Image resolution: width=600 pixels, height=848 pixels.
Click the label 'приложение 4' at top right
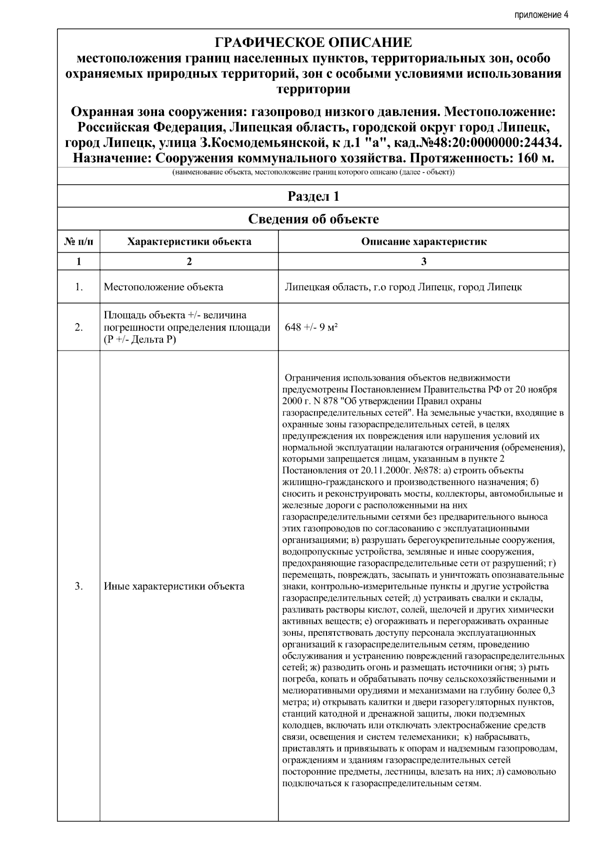coord(541,14)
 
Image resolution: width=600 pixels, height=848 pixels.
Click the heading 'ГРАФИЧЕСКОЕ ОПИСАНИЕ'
coord(313,42)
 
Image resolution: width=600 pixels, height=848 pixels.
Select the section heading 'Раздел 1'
coord(313,196)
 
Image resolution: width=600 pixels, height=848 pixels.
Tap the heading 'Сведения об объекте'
coord(313,219)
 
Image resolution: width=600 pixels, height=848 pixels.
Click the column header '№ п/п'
coord(78,242)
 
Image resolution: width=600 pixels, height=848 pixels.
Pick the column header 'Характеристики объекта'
coord(189,242)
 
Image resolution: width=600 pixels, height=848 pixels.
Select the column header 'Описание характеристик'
coord(423,242)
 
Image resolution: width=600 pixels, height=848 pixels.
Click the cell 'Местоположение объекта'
coord(163,287)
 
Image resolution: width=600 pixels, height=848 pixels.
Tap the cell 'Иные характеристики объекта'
coord(174,586)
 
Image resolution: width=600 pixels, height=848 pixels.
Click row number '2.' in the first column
coord(78,327)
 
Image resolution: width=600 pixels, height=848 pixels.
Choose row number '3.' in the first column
coord(78,586)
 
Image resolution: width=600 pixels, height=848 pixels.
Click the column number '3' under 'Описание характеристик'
coord(423,262)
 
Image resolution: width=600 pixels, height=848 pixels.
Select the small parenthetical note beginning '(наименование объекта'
coord(313,173)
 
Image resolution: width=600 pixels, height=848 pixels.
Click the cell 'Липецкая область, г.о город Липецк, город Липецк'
coord(403,287)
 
